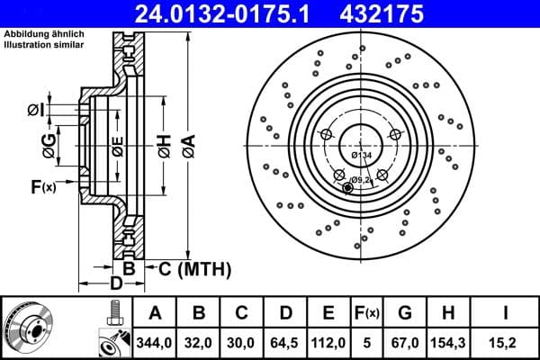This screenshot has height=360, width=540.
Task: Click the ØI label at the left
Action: [34, 110]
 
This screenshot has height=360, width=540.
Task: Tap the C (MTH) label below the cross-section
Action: [194, 268]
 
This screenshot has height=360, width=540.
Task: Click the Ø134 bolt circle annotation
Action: [361, 156]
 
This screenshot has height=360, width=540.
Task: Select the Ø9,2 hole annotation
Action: [361, 180]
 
